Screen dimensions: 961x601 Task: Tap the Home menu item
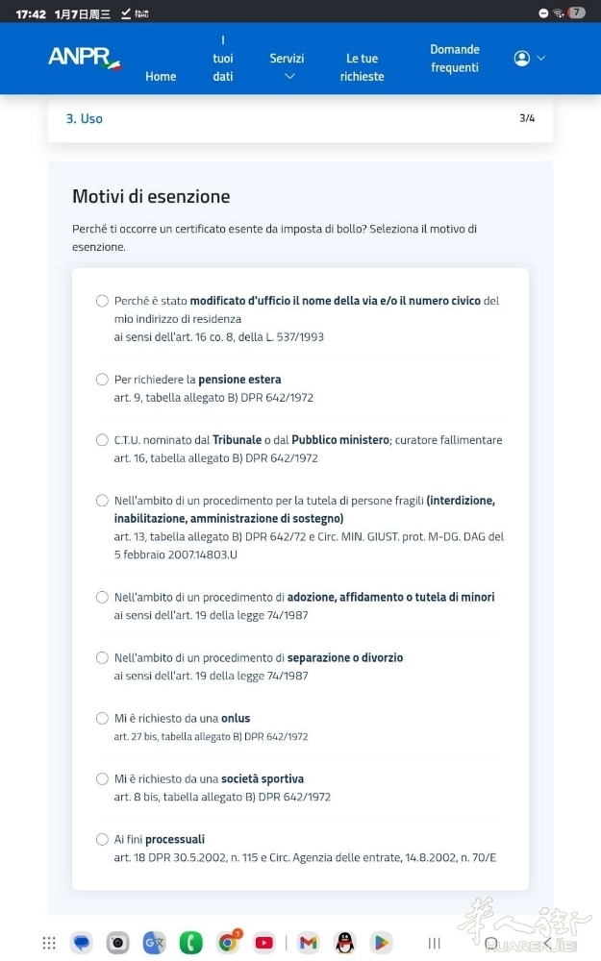tap(161, 77)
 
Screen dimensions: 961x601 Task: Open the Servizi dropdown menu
tap(287, 66)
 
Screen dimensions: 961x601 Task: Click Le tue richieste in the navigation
tap(362, 67)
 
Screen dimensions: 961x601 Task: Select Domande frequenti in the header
tap(455, 59)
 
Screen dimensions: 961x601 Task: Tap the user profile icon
tap(522, 59)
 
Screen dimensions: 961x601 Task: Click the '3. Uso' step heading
tap(85, 118)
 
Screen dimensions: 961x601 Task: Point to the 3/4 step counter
tap(527, 118)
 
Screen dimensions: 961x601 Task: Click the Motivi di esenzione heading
tap(151, 196)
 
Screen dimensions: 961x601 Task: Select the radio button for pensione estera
tap(102, 380)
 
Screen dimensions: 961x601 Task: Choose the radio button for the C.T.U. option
tap(102, 440)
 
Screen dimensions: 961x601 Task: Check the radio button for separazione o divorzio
tap(102, 658)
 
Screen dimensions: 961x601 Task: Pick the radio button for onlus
tap(102, 719)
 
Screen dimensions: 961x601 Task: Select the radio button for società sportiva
tap(102, 779)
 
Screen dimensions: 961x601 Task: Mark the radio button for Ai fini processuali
tap(102, 840)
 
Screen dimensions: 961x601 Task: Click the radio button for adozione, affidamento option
tap(102, 598)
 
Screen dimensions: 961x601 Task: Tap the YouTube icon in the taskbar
tap(264, 943)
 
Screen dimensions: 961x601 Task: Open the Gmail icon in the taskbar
tap(308, 943)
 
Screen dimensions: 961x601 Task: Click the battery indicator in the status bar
tap(577, 13)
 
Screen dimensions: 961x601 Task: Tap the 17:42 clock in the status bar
tap(31, 14)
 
